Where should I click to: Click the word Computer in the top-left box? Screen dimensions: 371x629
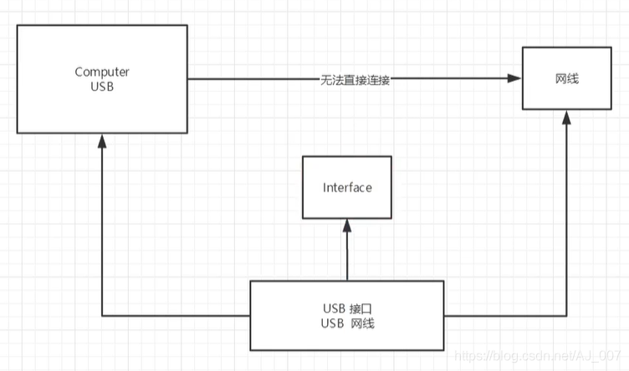pyautogui.click(x=102, y=72)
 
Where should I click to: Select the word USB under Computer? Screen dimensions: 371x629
pyautogui.click(x=102, y=87)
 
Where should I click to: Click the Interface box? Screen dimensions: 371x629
pyautogui.click(x=347, y=188)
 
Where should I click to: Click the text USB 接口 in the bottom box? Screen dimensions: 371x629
pyautogui.click(x=347, y=307)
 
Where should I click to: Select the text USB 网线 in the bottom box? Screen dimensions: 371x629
pyautogui.click(x=347, y=323)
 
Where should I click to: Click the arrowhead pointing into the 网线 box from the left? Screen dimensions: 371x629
pyautogui.click(x=515, y=79)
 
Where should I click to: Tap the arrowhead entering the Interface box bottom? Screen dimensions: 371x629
pyautogui.click(x=347, y=224)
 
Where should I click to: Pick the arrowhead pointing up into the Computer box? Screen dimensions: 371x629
pyautogui.click(x=102, y=140)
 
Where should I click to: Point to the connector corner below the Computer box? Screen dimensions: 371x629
pyautogui.click(x=102, y=315)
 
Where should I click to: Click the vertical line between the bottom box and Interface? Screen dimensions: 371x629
pyautogui.click(x=347, y=255)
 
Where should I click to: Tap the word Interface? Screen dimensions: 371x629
pyautogui.click(x=347, y=188)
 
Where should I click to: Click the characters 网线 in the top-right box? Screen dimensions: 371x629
pyautogui.click(x=565, y=79)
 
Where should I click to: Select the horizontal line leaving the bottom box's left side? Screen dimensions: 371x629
pyautogui.click(x=176, y=315)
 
